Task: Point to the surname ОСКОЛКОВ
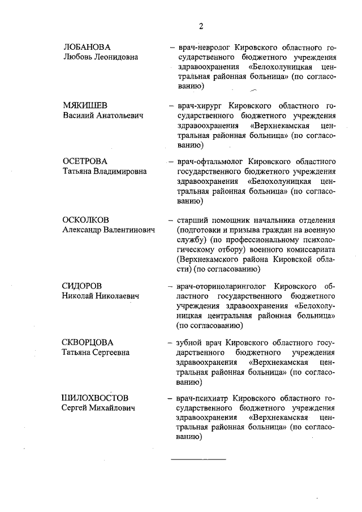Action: click(x=86, y=220)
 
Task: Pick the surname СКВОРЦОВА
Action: click(x=88, y=342)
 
